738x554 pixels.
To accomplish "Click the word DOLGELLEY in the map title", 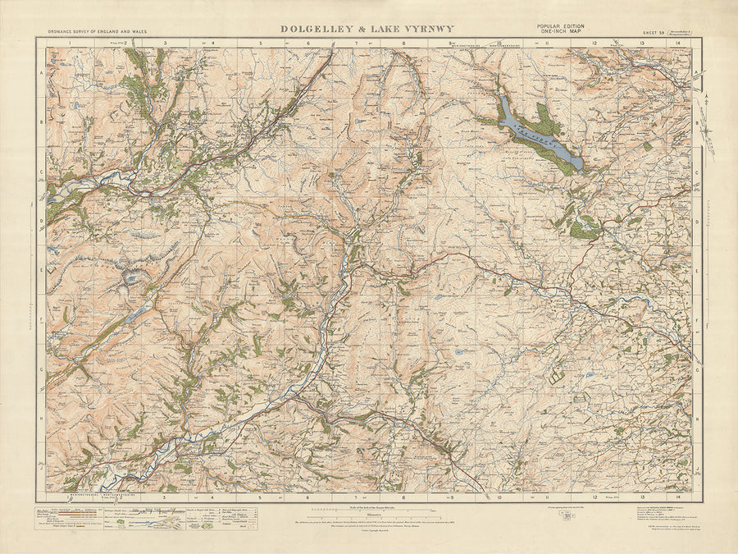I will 316,29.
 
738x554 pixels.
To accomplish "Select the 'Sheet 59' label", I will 654,32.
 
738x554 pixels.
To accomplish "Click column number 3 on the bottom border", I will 165,497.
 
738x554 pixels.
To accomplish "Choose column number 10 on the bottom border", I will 499,497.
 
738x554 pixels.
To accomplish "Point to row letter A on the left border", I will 41,73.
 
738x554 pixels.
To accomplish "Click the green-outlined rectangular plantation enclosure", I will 558,376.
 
